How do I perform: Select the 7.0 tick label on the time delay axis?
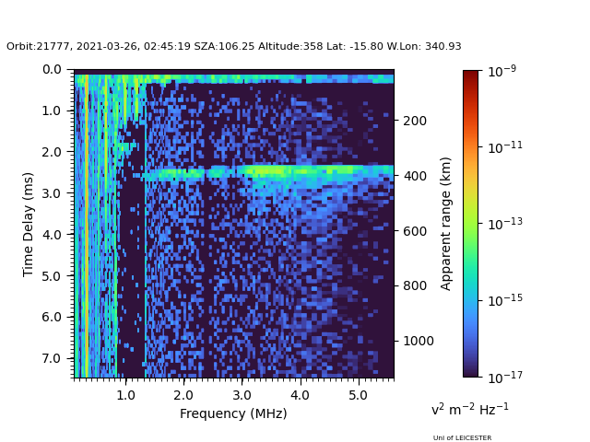(53, 358)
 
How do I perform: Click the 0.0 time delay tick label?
(53, 69)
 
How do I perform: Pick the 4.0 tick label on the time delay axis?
(53, 235)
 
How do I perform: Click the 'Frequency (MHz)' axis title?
(233, 413)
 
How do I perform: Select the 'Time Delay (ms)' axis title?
(29, 224)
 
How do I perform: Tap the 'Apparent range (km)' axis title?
(446, 223)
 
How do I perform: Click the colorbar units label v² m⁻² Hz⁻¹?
(469, 409)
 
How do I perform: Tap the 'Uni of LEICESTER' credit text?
(462, 438)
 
